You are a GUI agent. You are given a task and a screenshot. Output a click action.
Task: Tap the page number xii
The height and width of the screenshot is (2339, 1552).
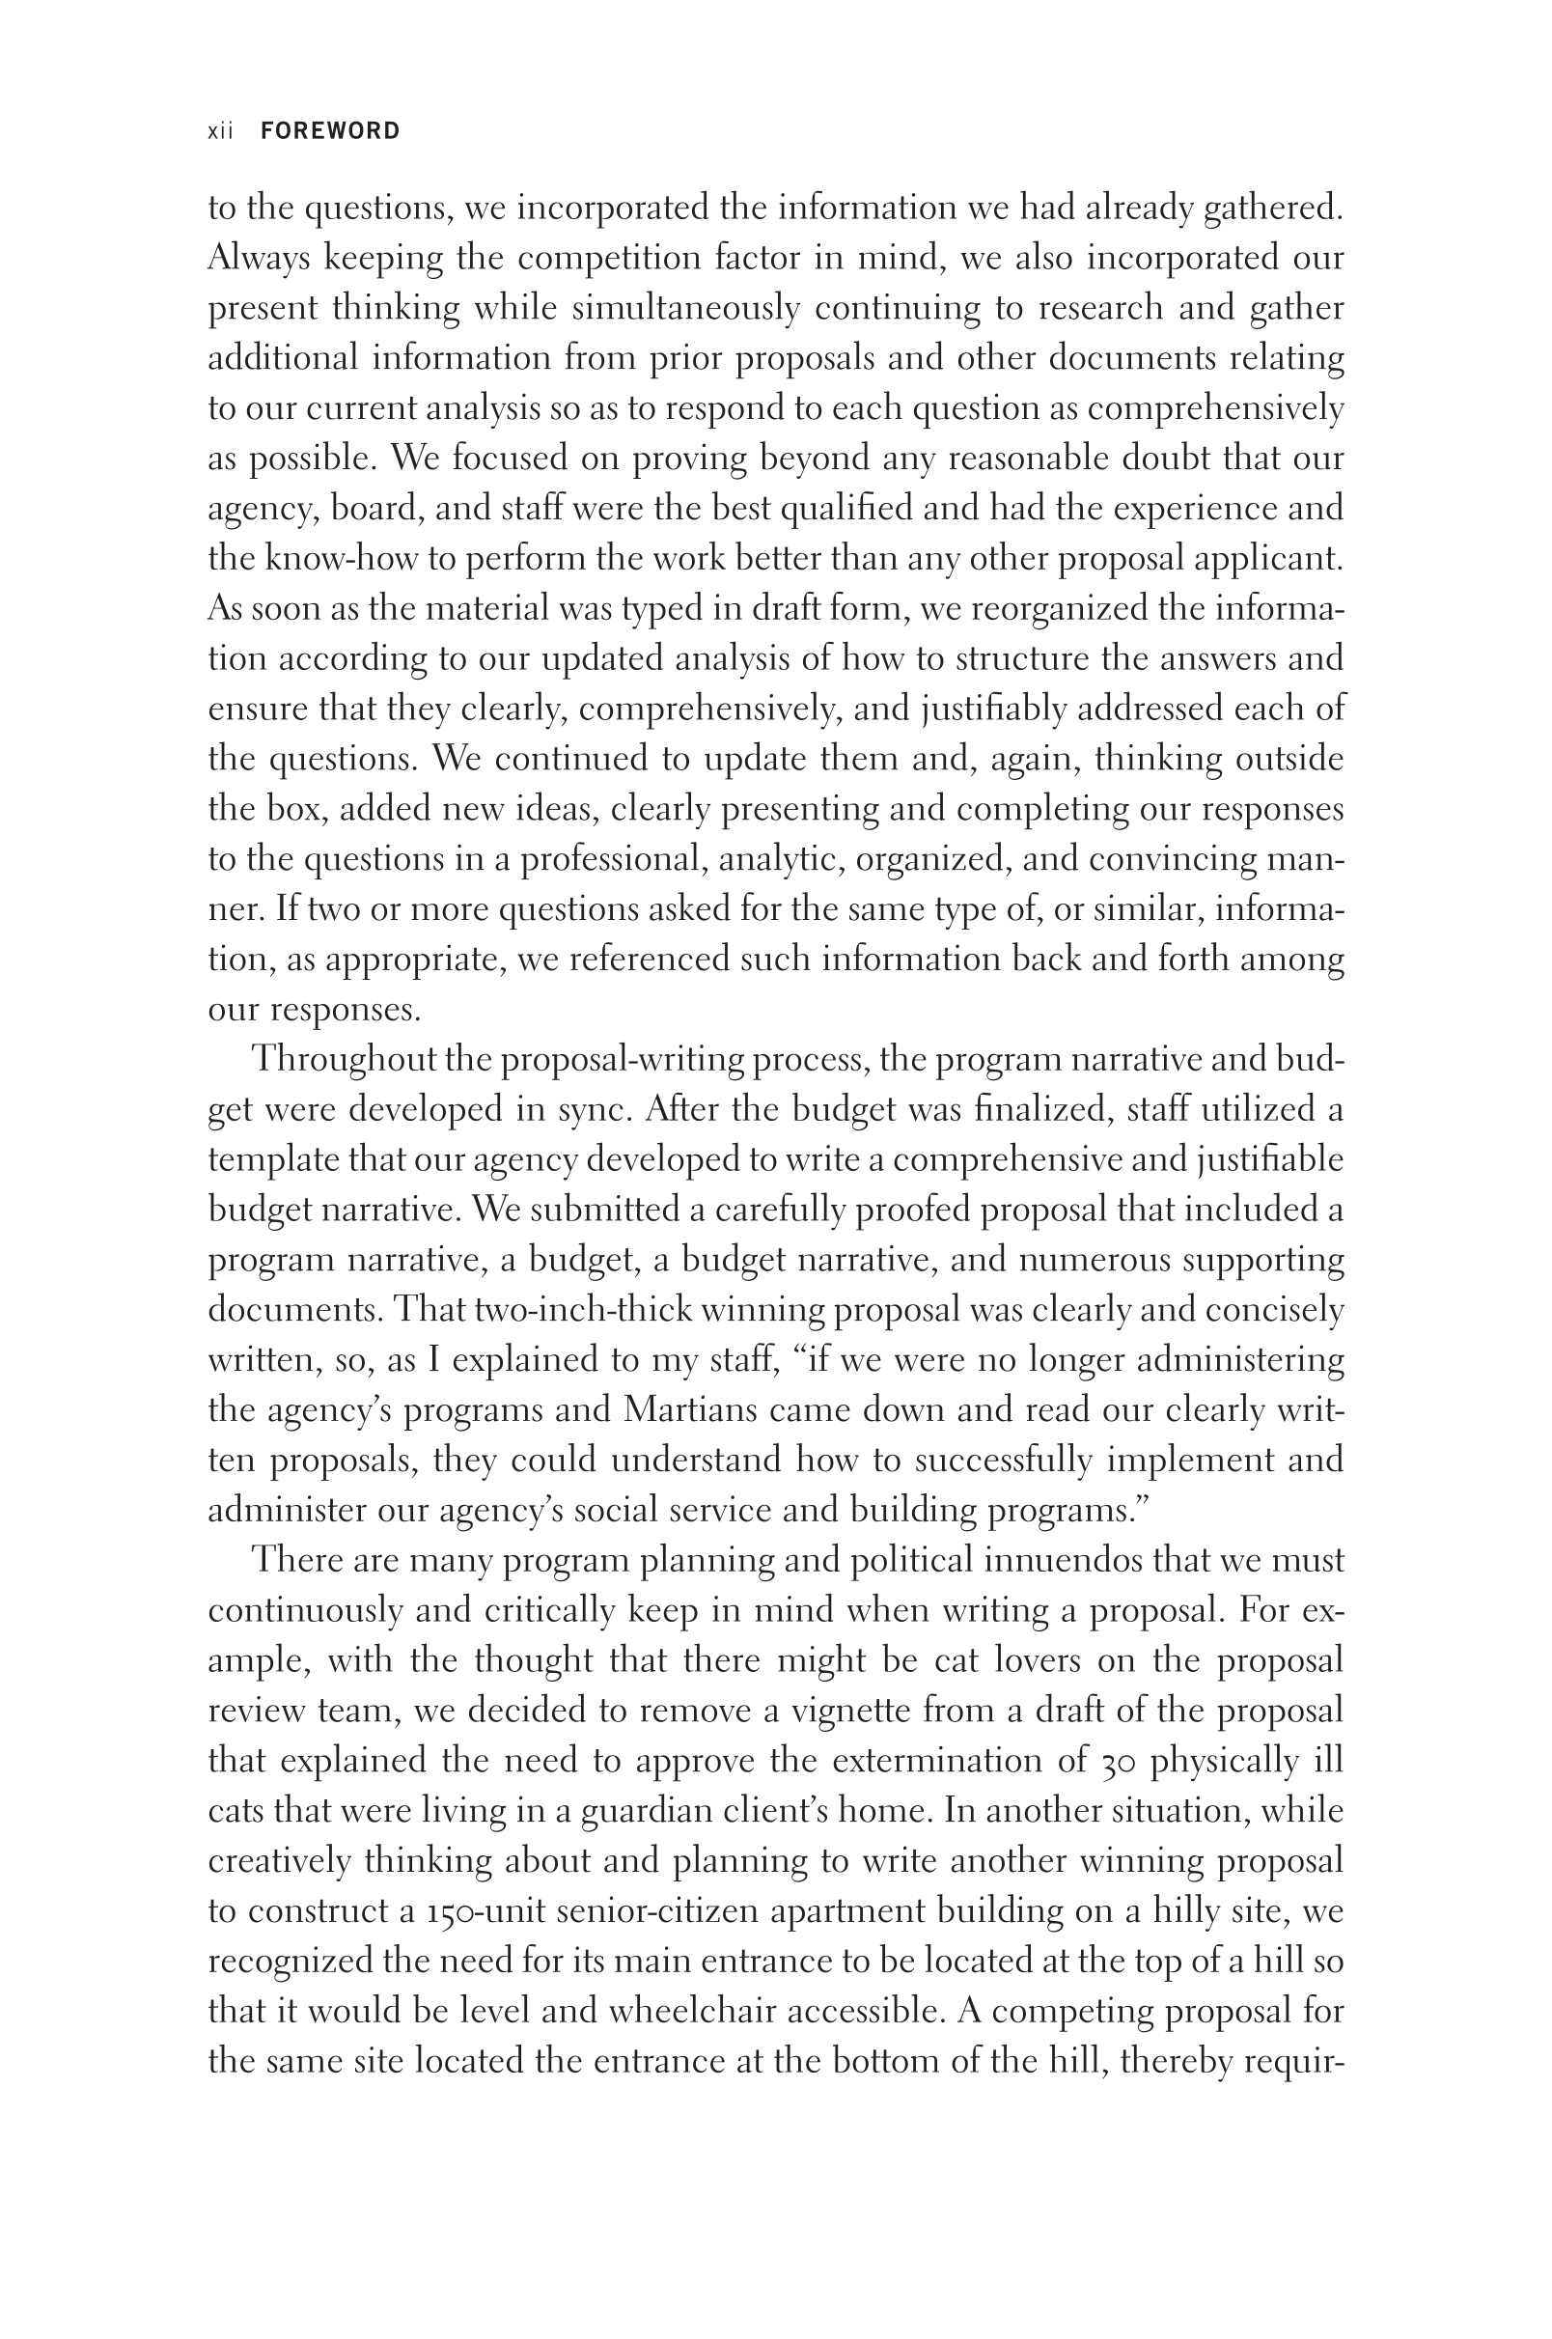tap(220, 130)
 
